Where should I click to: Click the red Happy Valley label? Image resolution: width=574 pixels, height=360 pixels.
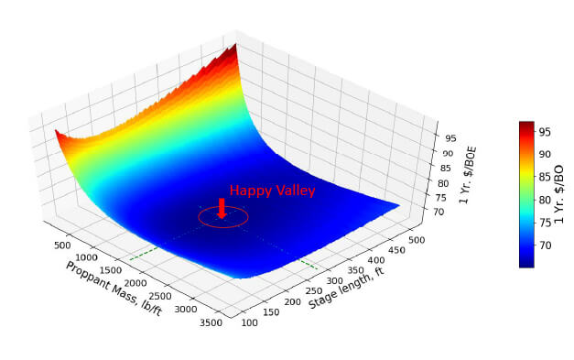273,191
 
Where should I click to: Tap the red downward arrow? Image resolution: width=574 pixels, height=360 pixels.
222,208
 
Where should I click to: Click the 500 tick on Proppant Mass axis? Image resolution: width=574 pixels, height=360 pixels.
62,245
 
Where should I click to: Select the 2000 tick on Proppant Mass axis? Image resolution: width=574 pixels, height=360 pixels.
135,283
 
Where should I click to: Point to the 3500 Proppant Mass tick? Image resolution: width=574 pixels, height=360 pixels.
211,322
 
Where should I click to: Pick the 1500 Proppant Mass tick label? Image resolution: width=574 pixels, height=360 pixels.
110,270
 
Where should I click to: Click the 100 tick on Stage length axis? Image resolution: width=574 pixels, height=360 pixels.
249,322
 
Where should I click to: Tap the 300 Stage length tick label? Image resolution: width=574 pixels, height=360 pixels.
334,281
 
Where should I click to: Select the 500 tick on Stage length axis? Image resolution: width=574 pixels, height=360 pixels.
417,240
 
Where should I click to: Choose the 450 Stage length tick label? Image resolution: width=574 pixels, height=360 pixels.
396,250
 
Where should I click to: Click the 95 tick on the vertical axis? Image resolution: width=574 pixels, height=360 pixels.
451,138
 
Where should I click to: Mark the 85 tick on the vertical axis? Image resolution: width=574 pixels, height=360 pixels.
446,169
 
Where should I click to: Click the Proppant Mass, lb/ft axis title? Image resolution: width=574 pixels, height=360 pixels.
114,289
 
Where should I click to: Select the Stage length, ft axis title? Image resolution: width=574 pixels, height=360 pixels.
346,289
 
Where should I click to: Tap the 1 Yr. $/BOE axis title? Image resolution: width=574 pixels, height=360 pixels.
468,175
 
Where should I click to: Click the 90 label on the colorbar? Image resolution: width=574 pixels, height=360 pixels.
545,154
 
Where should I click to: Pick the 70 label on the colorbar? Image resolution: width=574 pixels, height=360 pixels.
545,245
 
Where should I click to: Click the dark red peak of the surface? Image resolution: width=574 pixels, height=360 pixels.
233,49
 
